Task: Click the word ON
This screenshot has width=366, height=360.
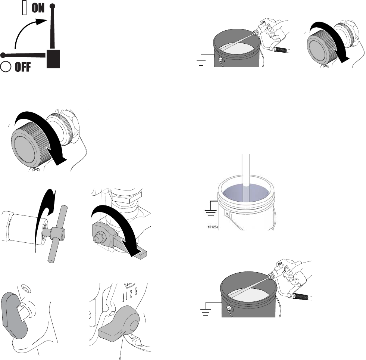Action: [37, 9]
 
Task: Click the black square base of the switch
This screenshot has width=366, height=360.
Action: [54, 59]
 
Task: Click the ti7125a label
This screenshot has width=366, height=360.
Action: [215, 226]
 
